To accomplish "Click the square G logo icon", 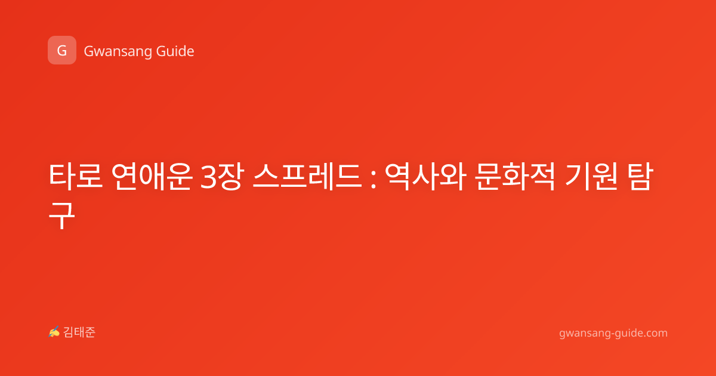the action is [62, 50].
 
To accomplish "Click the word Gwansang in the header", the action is [118, 52].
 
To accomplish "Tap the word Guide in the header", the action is [175, 51].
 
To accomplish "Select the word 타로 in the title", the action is [76, 177].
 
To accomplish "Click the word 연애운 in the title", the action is [152, 177].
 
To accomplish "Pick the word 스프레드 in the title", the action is [307, 177].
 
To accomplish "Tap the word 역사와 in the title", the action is [424, 177].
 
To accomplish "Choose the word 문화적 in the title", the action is [514, 177].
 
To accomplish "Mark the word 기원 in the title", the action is [591, 177].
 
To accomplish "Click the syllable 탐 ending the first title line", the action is [638, 177].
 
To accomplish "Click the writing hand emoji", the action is [54, 332].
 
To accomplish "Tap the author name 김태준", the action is [79, 332].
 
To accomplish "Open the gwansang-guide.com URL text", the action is [613, 334].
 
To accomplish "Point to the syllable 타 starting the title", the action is [61, 177].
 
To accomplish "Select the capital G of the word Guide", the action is [161, 51].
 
